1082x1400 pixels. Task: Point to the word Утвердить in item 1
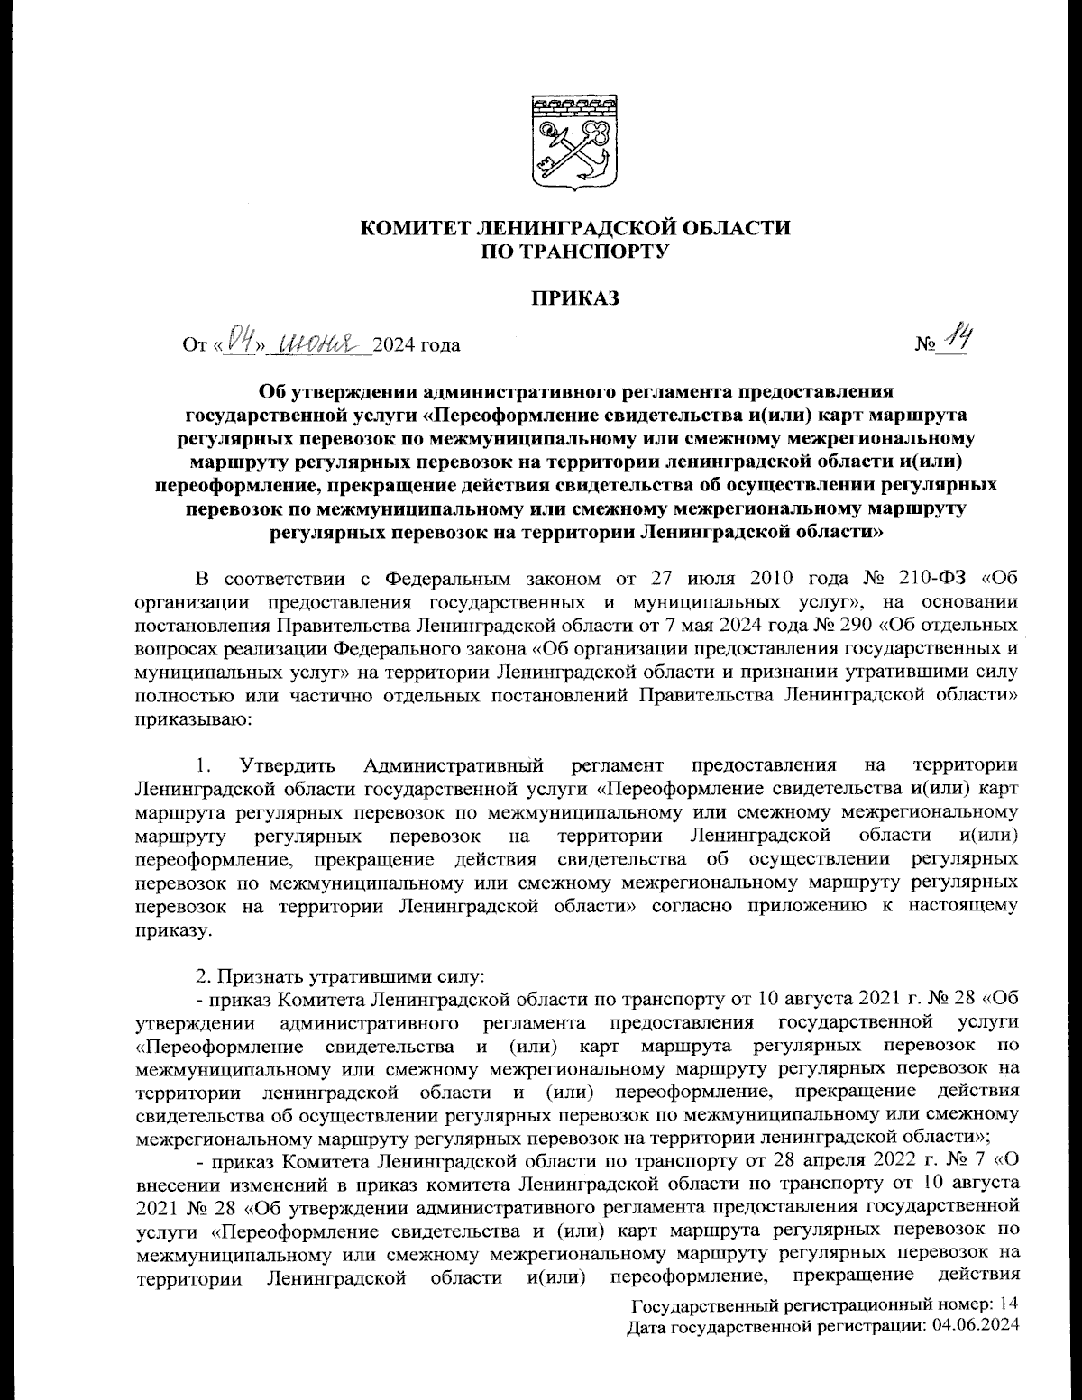point(288,766)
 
